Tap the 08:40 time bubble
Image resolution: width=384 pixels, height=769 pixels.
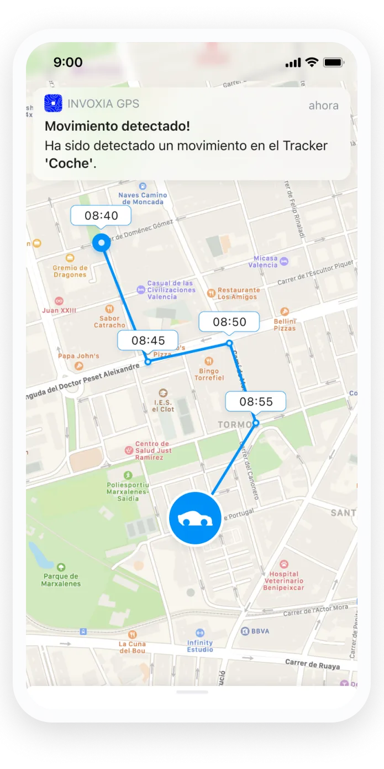tap(101, 216)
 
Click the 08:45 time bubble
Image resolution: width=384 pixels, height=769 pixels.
tap(148, 340)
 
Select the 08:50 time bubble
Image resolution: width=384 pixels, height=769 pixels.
tap(229, 322)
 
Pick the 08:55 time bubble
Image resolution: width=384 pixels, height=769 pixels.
tap(256, 402)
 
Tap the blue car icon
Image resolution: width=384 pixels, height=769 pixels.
tap(195, 518)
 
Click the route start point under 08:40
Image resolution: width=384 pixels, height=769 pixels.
tap(101, 242)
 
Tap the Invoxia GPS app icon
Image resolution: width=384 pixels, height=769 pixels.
tap(54, 103)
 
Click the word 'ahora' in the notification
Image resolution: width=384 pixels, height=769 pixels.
tap(323, 106)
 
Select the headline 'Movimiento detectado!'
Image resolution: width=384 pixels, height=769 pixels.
tap(117, 126)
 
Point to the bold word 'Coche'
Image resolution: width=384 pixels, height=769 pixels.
tap(69, 164)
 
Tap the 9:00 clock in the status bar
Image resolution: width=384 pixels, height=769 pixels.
tap(67, 63)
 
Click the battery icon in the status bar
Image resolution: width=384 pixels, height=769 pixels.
tap(334, 63)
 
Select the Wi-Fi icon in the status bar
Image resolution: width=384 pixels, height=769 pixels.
tap(312, 63)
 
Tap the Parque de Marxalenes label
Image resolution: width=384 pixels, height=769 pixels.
tap(62, 580)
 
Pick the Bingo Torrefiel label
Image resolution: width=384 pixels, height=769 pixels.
tap(209, 374)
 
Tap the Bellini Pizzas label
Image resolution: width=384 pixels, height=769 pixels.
tap(285, 324)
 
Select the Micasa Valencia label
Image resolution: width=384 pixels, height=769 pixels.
tap(263, 262)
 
